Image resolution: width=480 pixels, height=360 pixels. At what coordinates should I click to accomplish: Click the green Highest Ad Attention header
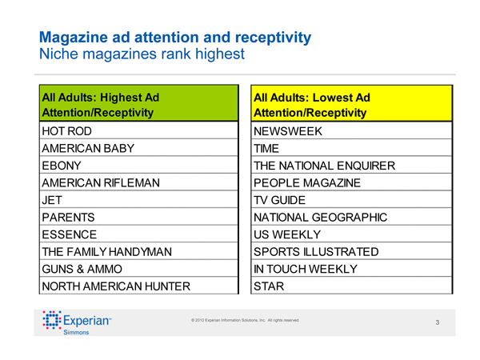tap(139, 104)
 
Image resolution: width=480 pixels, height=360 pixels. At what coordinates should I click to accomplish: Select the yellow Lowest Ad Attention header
tap(352, 104)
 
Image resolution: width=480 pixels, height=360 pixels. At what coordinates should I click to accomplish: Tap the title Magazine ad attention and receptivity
tap(174, 38)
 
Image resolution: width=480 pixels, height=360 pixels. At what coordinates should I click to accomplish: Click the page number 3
tap(438, 322)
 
